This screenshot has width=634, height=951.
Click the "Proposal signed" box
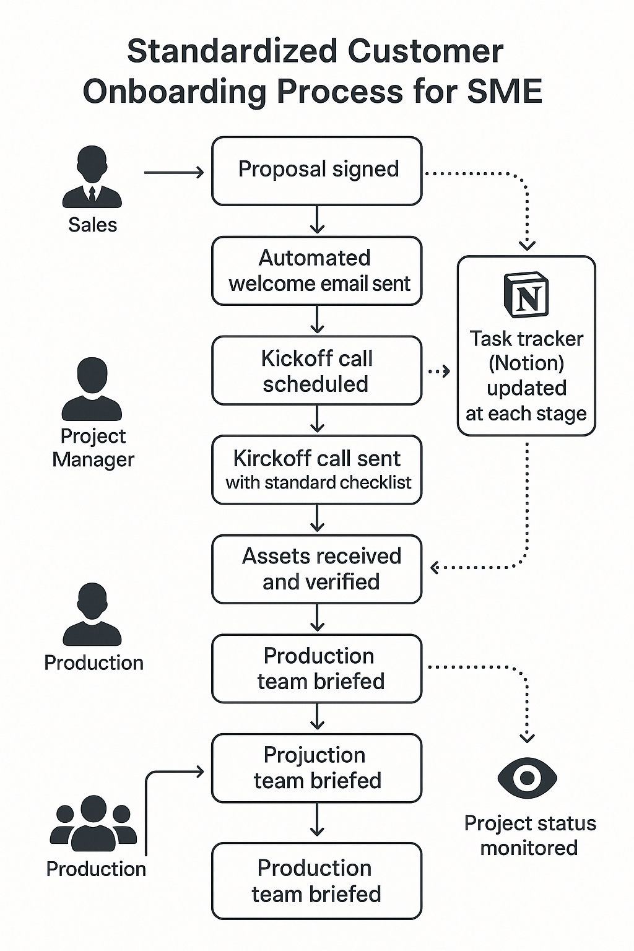coord(317,171)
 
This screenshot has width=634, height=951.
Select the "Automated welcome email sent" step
coord(317,271)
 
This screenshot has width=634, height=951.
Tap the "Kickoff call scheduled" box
coord(317,370)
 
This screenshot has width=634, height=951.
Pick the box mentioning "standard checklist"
coord(317,470)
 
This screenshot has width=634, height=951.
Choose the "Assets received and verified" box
coord(317,569)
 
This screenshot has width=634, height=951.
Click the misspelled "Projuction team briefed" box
coord(317,768)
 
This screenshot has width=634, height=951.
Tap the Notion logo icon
coord(526,295)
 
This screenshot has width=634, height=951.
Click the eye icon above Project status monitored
coord(527,778)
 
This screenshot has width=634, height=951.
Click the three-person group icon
coord(93,823)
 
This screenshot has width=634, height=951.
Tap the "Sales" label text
coord(92,225)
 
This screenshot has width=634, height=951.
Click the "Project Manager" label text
coord(93,448)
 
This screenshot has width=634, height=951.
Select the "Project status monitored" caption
coord(529,835)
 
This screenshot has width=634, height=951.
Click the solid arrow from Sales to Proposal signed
coord(174,173)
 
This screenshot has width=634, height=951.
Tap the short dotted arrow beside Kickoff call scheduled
coord(439,371)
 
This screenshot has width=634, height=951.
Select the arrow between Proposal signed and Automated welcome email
coord(317,220)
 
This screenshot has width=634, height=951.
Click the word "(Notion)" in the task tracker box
coord(526,363)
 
